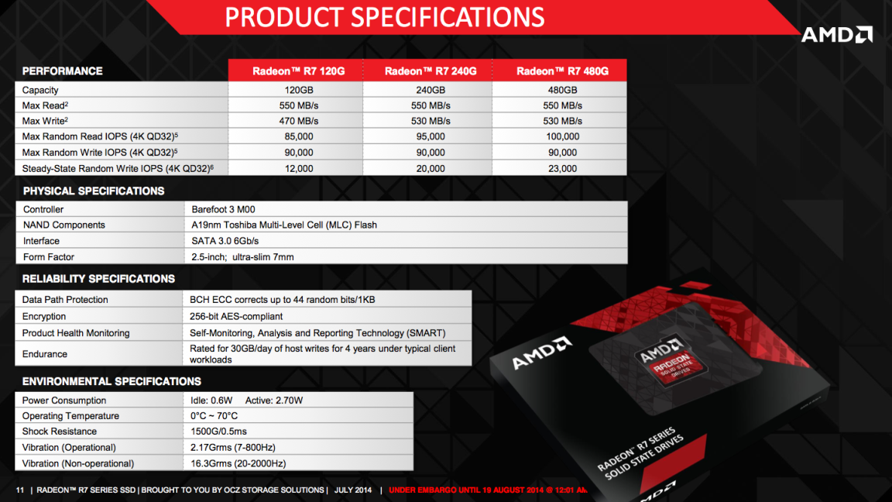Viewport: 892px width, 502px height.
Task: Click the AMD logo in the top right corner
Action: (x=836, y=34)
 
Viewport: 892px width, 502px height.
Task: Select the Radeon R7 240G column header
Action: (x=431, y=71)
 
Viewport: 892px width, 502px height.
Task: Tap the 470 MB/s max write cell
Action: (x=299, y=121)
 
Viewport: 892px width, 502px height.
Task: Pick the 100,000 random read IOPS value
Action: (x=562, y=136)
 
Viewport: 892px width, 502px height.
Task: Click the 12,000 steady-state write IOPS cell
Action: (x=299, y=168)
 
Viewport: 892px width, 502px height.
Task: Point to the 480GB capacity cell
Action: (x=562, y=90)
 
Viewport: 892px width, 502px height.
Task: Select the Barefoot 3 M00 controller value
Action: (x=223, y=209)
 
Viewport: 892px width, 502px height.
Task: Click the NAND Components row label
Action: (x=63, y=225)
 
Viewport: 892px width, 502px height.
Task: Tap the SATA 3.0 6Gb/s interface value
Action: (x=225, y=241)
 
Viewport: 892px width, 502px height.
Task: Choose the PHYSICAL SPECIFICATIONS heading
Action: (x=94, y=191)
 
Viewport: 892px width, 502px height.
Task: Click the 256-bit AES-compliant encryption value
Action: (x=236, y=316)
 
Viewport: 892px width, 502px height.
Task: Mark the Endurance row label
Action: (x=44, y=354)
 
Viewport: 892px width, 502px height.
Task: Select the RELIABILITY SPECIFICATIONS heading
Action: (x=98, y=278)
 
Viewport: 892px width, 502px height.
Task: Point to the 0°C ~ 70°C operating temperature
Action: (x=214, y=416)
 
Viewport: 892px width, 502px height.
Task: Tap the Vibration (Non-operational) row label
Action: (x=77, y=463)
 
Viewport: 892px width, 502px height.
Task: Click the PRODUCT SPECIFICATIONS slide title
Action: (x=385, y=16)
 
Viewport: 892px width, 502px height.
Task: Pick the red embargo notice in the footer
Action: (x=488, y=490)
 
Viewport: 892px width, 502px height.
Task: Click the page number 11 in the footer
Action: (x=20, y=490)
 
